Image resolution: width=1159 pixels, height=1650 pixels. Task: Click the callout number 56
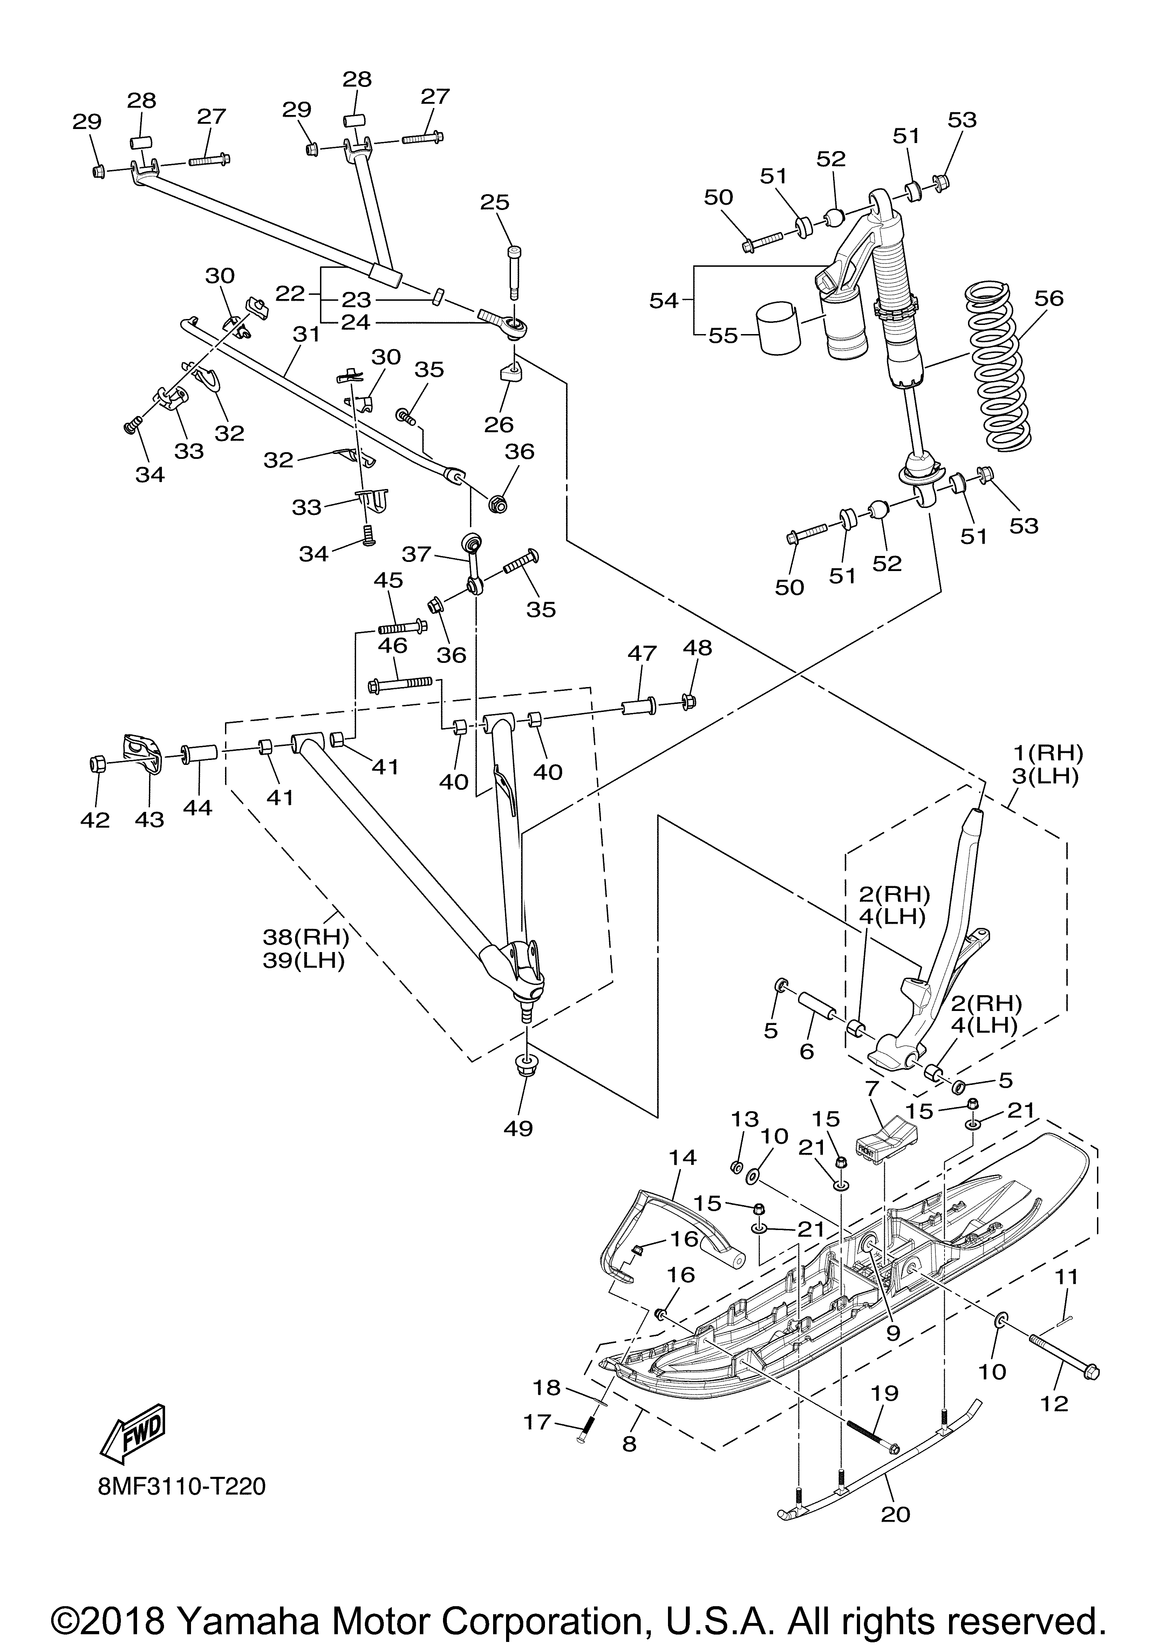pyautogui.click(x=1049, y=298)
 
